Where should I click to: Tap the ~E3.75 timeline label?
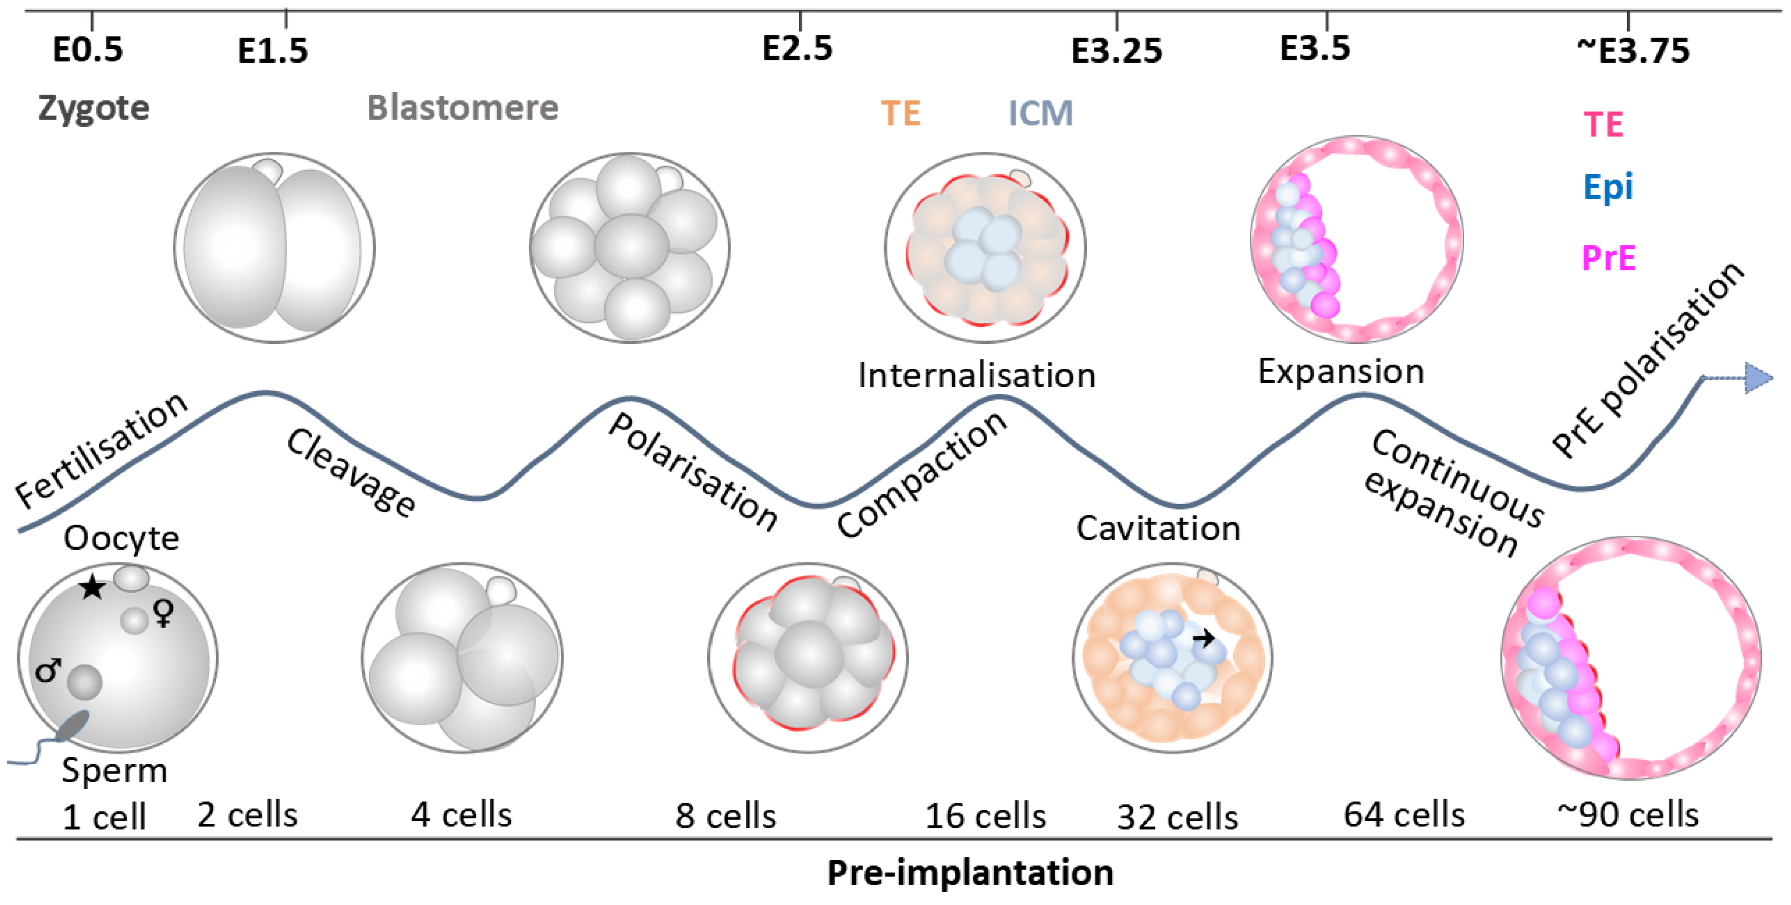pyautogui.click(x=1632, y=50)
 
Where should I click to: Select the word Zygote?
pyautogui.click(x=93, y=108)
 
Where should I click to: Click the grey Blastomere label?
pyautogui.click(x=463, y=108)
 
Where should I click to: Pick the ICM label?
pyautogui.click(x=1040, y=113)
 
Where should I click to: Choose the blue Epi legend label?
pyautogui.click(x=1607, y=187)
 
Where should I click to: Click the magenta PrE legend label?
pyautogui.click(x=1608, y=258)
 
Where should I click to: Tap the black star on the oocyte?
pyautogui.click(x=92, y=588)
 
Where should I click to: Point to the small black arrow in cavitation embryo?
pyautogui.click(x=1204, y=637)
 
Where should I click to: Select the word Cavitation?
pyautogui.click(x=1158, y=528)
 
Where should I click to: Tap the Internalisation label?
pyautogui.click(x=976, y=376)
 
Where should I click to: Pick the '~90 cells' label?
pyautogui.click(x=1628, y=814)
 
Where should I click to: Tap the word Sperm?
pyautogui.click(x=114, y=770)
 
